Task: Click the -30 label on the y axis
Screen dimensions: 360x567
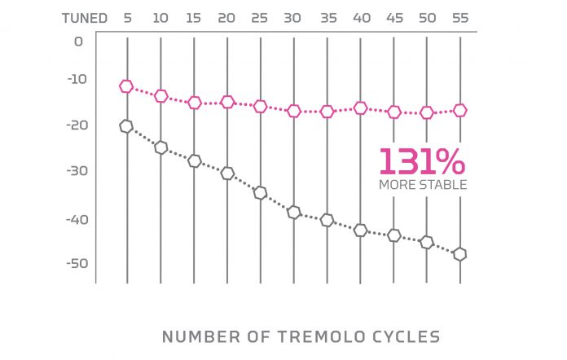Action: (74, 171)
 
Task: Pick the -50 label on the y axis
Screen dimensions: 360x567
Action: (74, 263)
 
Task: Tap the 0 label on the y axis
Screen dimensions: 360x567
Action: (78, 41)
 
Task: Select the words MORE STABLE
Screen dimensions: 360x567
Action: (423, 185)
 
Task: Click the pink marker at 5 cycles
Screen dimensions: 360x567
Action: (126, 86)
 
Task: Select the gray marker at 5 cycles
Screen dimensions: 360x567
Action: (126, 125)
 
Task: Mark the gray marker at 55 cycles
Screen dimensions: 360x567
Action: (459, 254)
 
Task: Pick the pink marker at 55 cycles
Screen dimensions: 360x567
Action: (459, 110)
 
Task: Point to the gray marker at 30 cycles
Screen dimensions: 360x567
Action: (294, 213)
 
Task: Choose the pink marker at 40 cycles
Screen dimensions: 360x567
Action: (360, 108)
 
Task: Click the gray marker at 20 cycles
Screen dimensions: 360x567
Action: (227, 173)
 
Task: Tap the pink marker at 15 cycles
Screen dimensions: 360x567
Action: (194, 103)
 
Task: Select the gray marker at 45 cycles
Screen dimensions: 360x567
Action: (393, 235)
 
